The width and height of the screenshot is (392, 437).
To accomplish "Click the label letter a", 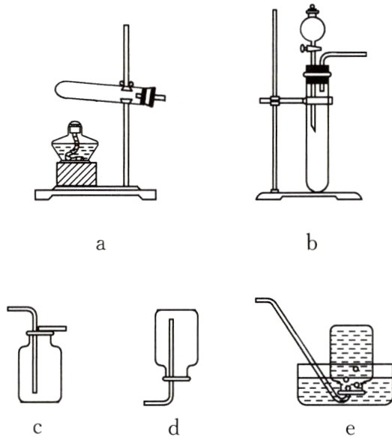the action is [100, 244].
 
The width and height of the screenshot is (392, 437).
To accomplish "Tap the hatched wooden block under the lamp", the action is [76, 174].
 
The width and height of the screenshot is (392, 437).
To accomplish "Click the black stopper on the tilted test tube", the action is [148, 97].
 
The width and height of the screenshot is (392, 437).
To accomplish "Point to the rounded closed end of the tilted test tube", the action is [60, 89].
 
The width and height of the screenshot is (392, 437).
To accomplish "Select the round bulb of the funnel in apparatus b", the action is [313, 28].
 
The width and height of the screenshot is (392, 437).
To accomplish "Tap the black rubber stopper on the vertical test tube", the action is [318, 74].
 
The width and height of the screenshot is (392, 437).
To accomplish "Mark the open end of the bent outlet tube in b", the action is [365, 55].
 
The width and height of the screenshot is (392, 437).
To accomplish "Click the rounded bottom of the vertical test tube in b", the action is [317, 186].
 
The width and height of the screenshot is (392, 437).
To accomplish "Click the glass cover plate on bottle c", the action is [53, 328].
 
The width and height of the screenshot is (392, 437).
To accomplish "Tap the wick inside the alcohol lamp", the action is [74, 147].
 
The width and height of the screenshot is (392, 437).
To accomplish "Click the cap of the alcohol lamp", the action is [75, 127].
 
